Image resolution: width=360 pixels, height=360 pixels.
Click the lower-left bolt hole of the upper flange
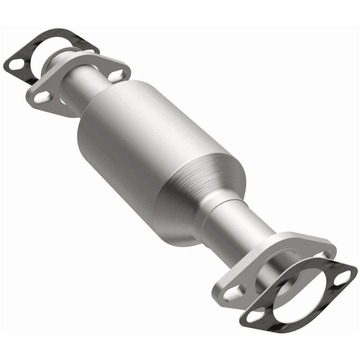(x=42, y=97)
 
